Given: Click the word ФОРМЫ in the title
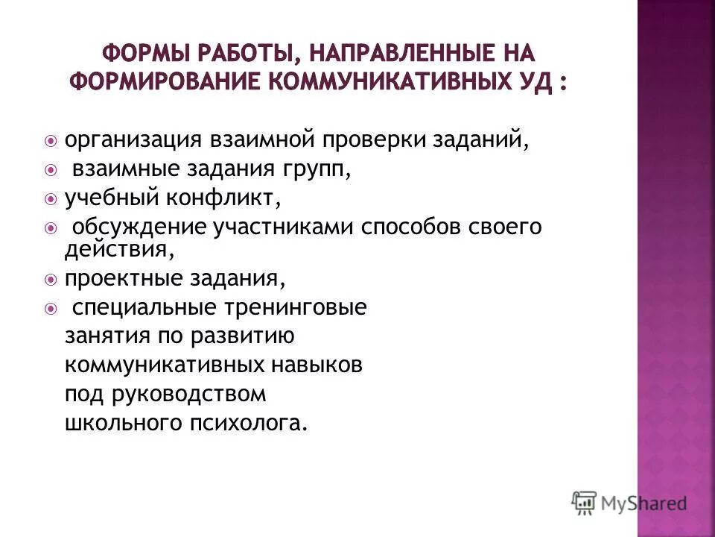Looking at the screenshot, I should [143, 54].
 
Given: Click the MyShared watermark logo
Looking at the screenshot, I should [629, 503].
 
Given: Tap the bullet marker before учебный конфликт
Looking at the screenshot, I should [50, 199].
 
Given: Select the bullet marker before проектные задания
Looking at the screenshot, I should [50, 280].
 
